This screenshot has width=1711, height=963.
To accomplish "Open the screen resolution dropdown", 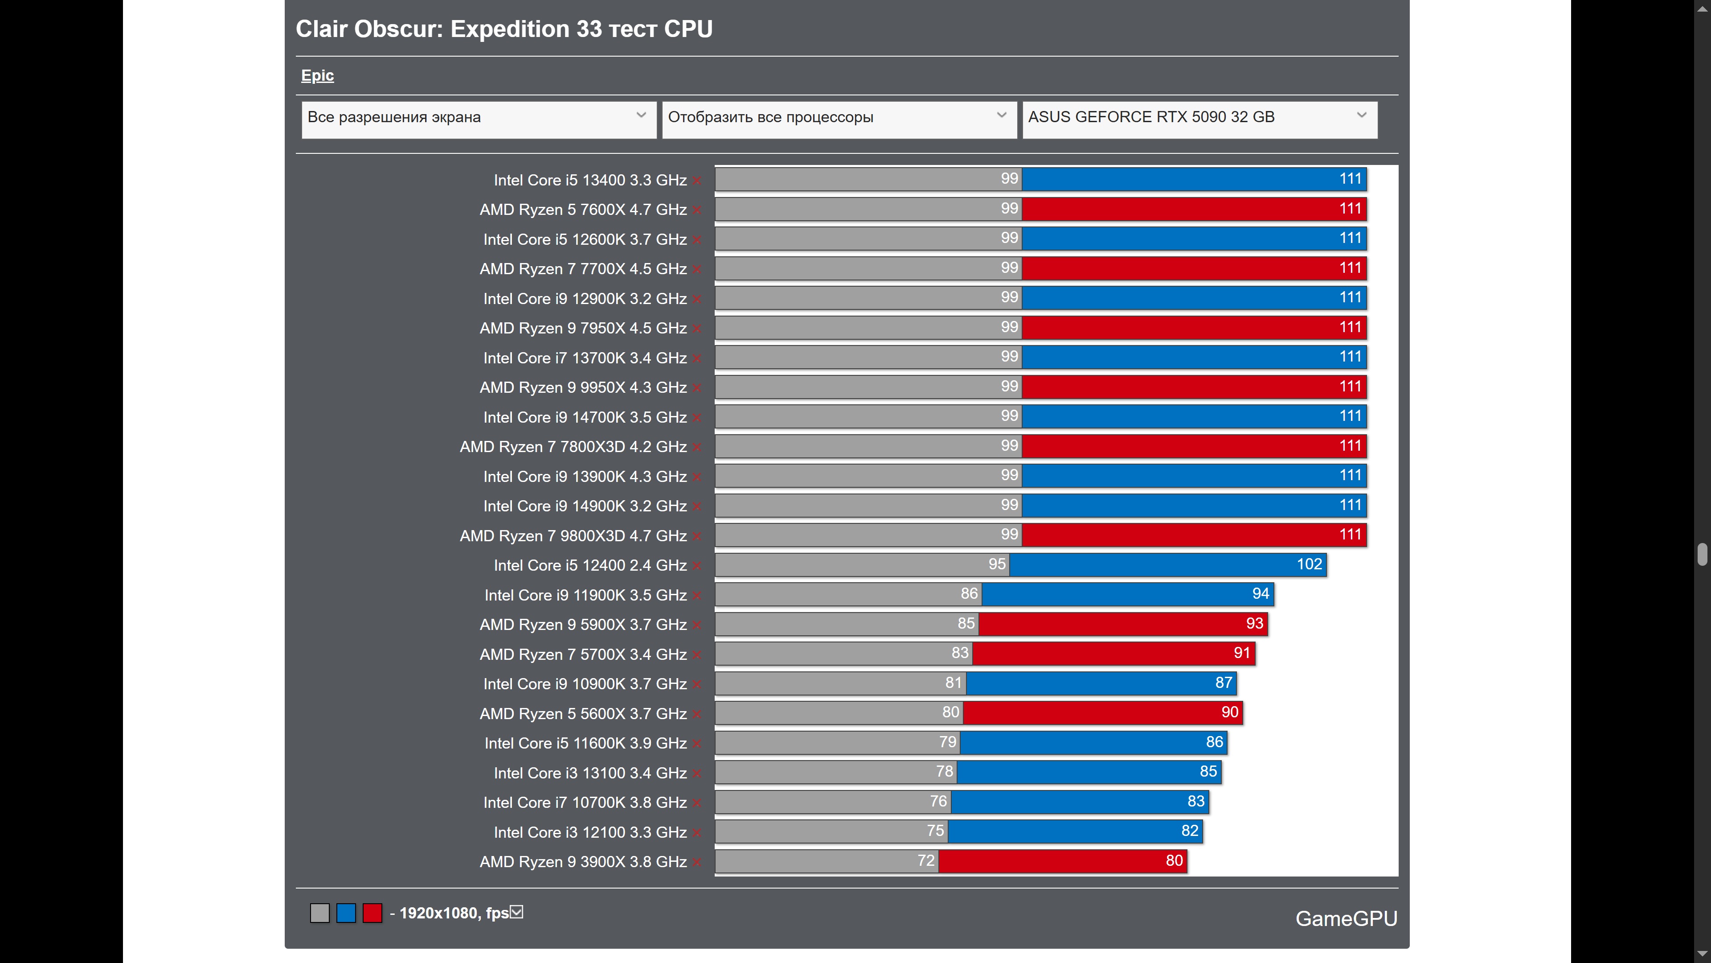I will click(478, 118).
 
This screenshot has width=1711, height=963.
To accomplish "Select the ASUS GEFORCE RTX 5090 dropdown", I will click(1199, 118).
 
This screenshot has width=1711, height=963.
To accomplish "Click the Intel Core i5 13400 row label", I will click(590, 180).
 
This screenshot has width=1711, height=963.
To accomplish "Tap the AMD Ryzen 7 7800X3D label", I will click(573, 447).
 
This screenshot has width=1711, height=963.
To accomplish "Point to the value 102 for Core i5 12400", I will click(1309, 564).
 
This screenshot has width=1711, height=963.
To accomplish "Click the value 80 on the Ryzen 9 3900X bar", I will click(1174, 860).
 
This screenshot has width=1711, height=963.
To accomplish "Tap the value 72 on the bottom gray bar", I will click(925, 860).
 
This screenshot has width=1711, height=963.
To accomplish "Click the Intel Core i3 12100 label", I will click(590, 832).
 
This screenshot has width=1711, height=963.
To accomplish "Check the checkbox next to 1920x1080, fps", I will click(517, 913).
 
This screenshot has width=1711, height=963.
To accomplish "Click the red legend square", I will click(372, 913).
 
